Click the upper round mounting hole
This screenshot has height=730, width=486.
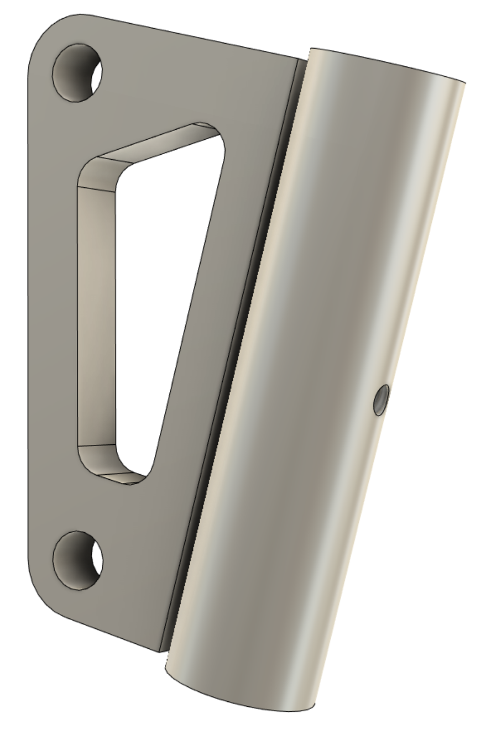click(x=77, y=72)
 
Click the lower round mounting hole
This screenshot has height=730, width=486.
click(x=77, y=560)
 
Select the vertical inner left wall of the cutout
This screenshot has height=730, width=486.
click(x=97, y=315)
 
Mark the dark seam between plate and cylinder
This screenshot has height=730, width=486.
click(x=232, y=354)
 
